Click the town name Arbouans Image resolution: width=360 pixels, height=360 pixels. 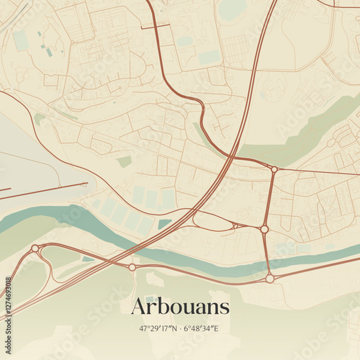click(x=180, y=307)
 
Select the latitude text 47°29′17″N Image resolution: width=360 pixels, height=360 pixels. click(x=159, y=328)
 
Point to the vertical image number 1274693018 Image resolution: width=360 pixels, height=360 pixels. click(x=8, y=296)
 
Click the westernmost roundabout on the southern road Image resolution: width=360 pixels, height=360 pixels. click(x=35, y=248)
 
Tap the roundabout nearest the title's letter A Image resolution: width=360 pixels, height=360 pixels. click(x=132, y=267)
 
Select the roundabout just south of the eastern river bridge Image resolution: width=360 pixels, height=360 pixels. click(x=269, y=278)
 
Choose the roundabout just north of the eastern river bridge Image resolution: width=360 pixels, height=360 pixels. click(x=264, y=229)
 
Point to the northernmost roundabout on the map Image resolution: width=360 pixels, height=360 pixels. click(x=274, y=170)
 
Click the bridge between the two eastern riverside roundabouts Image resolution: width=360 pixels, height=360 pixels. click(x=267, y=253)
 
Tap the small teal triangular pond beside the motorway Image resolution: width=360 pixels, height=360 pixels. click(x=164, y=224)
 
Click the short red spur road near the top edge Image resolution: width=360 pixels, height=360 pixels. click(x=155, y=27)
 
